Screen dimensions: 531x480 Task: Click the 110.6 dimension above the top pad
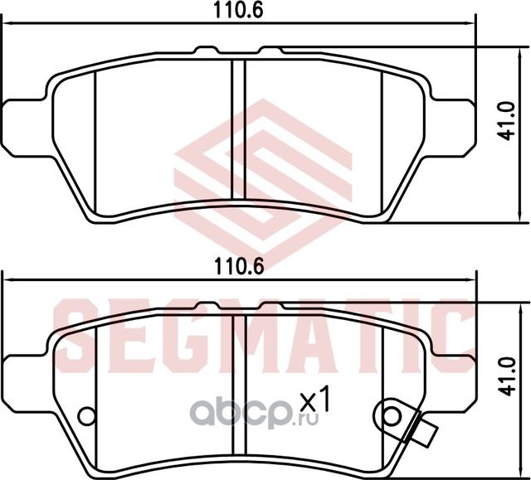coord(238,11)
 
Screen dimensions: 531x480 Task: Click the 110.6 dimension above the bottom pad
coord(238,267)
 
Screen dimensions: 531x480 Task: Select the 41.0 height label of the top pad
coord(508,121)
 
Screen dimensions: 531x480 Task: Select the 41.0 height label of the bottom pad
coord(508,376)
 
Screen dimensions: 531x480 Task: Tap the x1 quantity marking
coord(315,399)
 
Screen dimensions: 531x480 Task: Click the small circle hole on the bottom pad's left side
coord(86,415)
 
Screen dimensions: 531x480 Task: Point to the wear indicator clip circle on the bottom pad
coord(392,415)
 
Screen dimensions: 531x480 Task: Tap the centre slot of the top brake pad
coord(238,129)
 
